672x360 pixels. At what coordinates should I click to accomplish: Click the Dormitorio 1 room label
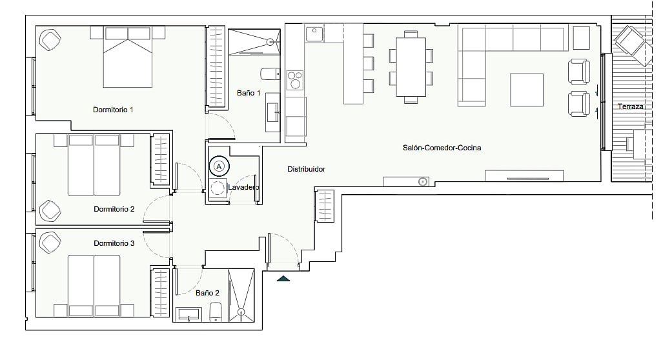(113, 110)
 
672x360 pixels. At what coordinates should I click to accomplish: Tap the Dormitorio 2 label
(114, 209)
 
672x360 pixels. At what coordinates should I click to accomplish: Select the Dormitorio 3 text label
(114, 243)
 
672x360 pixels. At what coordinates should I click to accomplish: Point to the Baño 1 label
(249, 92)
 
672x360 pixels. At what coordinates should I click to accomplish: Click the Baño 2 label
(207, 293)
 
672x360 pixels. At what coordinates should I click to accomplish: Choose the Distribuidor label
(306, 169)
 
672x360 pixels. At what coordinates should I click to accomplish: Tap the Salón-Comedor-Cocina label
(442, 148)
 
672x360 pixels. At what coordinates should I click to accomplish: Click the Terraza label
(631, 106)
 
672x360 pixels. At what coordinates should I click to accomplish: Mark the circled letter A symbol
(219, 166)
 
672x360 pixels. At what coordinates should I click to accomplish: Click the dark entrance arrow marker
(283, 279)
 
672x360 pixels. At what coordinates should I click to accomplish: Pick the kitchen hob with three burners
(294, 80)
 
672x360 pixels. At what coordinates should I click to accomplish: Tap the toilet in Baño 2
(215, 312)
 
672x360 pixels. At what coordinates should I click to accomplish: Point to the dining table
(411, 67)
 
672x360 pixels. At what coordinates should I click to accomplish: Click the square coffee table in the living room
(527, 90)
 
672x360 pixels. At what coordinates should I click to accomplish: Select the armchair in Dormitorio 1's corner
(50, 39)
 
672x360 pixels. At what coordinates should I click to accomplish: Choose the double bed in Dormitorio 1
(128, 57)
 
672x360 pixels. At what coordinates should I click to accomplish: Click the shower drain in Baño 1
(270, 41)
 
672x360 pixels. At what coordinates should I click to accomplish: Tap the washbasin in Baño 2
(189, 314)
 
